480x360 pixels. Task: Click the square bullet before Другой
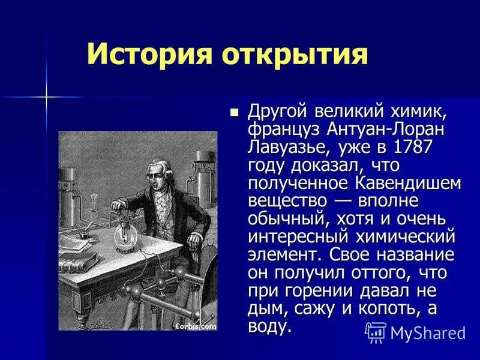point(235,111)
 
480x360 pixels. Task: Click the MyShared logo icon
point(376,332)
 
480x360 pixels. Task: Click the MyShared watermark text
point(427,332)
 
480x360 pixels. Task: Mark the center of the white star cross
point(46,96)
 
